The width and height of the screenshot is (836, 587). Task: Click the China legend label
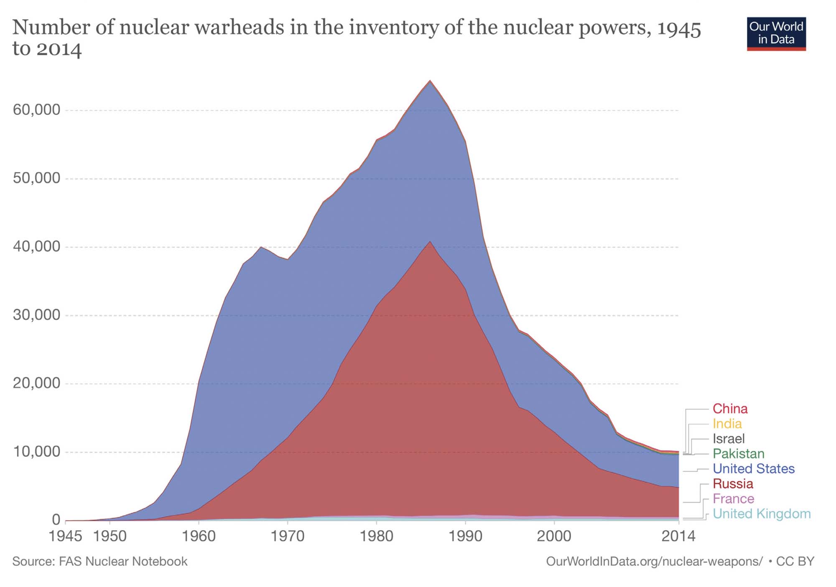[x=730, y=409]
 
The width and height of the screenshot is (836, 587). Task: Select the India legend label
[x=727, y=424]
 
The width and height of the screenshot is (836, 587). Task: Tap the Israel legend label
[x=729, y=439]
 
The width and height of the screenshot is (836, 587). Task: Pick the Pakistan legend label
[x=738, y=454]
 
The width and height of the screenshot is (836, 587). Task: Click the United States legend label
[x=753, y=469]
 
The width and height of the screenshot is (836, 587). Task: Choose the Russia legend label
[x=733, y=484]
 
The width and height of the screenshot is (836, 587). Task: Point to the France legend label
[x=733, y=499]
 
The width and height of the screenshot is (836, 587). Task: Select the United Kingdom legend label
[x=761, y=514]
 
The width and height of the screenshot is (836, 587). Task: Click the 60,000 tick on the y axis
[x=37, y=110]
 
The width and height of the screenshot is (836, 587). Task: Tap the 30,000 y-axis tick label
[x=37, y=315]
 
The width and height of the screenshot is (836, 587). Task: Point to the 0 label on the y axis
[x=56, y=520]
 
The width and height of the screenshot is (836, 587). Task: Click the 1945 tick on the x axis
[x=66, y=536]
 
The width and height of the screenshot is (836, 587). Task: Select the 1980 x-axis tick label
[x=377, y=536]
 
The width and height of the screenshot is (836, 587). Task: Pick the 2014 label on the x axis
[x=678, y=536]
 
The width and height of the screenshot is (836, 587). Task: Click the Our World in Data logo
[x=776, y=33]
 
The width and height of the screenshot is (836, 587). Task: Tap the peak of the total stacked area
[x=430, y=81]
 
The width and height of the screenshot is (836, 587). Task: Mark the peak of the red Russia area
[x=430, y=242]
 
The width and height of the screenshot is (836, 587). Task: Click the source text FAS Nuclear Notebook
[x=99, y=562]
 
